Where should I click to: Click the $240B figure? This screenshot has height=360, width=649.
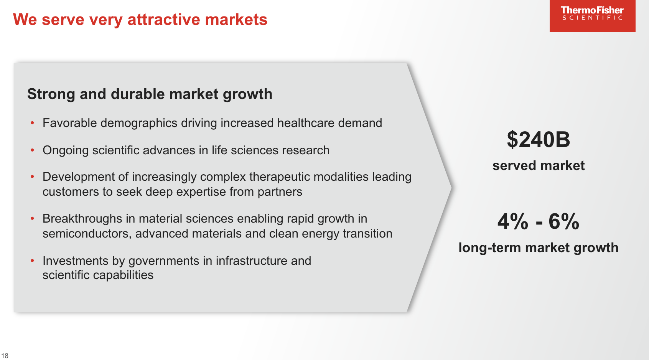point(538,139)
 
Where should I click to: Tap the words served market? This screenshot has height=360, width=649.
point(538,165)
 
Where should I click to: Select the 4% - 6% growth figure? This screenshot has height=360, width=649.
point(538,221)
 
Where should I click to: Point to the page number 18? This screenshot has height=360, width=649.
point(5,356)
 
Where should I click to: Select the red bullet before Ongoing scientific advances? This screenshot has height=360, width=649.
point(33,150)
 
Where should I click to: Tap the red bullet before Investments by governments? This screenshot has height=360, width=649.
point(33,261)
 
